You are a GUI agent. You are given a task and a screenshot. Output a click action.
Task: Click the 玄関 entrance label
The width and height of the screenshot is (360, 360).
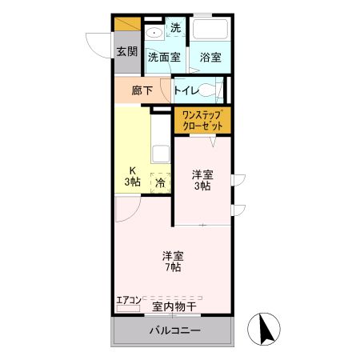point(126,52)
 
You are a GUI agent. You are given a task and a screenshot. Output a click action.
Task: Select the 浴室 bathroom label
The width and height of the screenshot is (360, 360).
point(210,57)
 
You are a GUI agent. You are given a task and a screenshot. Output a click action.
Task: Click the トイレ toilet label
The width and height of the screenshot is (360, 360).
point(187,90)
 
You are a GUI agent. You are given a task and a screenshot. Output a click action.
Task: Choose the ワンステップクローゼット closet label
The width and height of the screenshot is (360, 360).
point(202,121)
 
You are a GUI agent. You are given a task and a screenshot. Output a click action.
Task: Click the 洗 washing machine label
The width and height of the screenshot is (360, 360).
point(175,27)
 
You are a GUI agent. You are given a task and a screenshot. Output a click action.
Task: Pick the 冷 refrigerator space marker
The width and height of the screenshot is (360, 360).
point(160,183)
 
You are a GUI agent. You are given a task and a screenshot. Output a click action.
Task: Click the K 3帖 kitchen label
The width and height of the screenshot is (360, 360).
point(132,176)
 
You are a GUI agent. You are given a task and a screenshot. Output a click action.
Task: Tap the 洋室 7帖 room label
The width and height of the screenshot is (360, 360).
point(173,262)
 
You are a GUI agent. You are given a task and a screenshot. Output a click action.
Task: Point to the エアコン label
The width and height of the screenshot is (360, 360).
point(128,300)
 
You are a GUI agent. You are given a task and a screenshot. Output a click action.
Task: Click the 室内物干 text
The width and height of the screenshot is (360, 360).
point(174,306)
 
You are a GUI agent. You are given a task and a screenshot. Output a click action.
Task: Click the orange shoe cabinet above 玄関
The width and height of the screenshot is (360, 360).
point(126,24)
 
